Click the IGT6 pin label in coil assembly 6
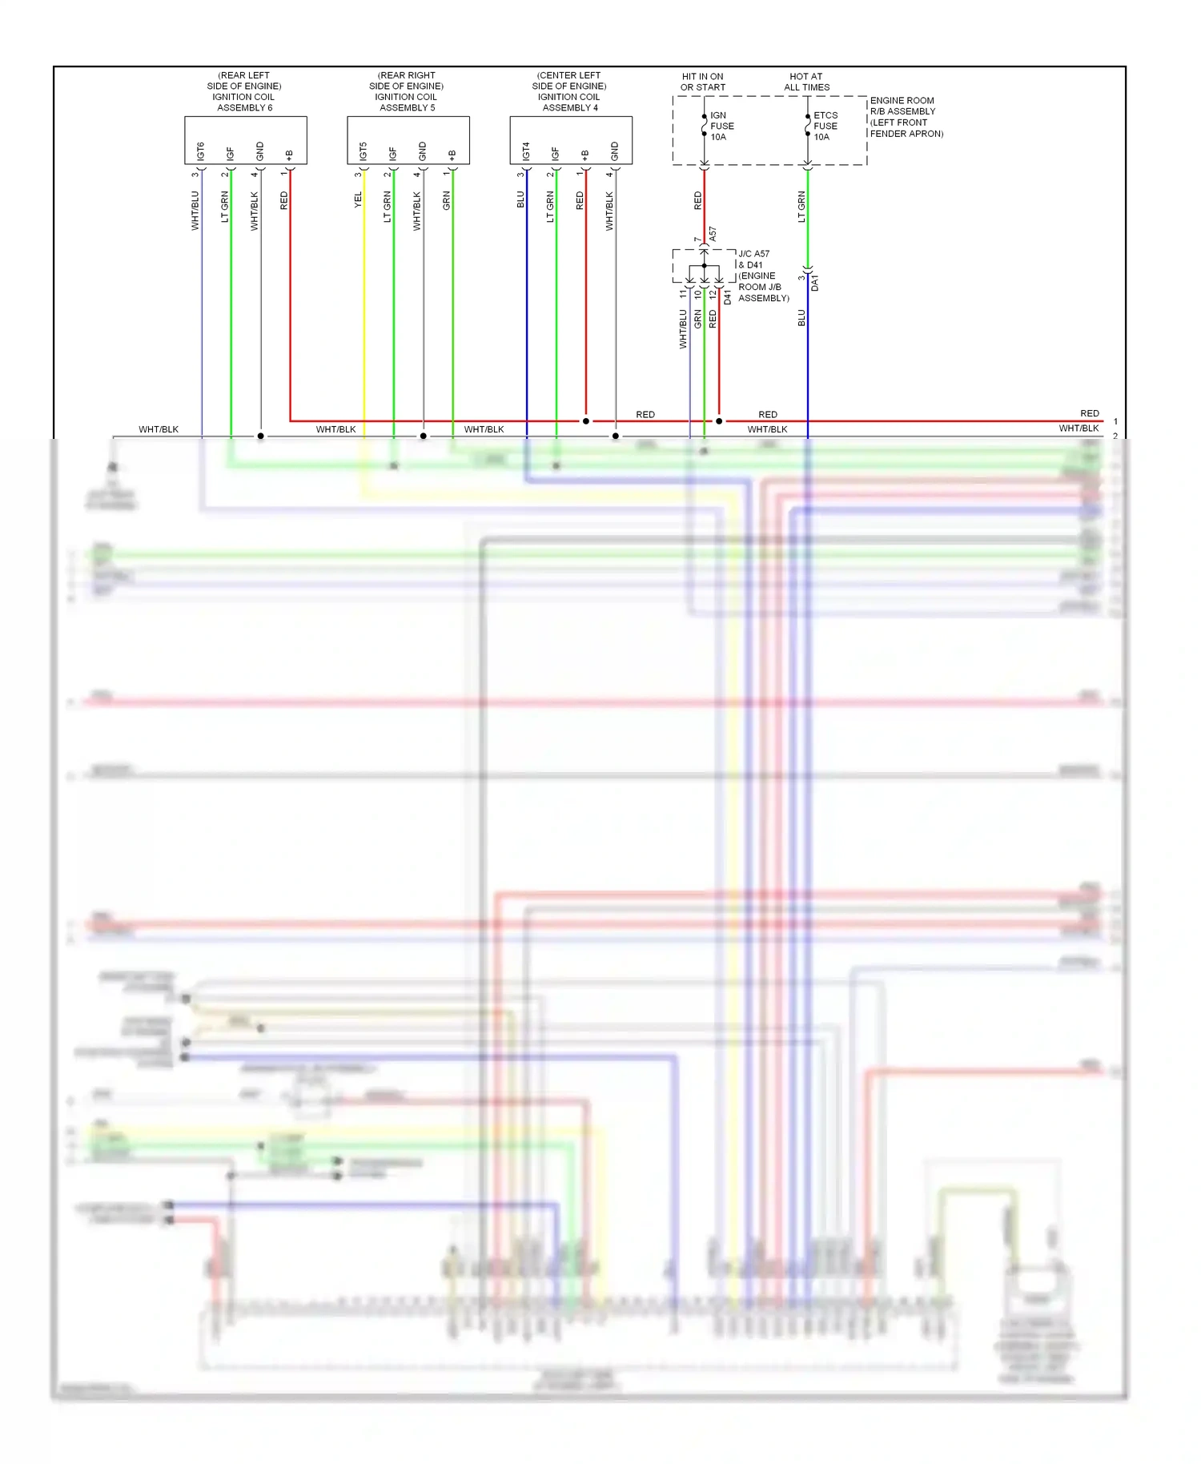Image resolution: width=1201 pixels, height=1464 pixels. coord(201,151)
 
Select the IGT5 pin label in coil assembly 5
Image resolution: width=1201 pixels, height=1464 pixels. coord(364,151)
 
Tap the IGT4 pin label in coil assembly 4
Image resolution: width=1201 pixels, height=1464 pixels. coord(526,151)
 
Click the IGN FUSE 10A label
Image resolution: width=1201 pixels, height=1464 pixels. coord(721,127)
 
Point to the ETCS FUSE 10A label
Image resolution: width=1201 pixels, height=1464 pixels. coord(825,127)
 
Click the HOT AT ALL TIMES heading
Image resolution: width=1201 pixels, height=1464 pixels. coord(806,82)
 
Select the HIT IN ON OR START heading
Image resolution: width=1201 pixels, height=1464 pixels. coord(703,82)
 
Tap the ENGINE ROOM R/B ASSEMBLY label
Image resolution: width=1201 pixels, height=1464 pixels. coord(906,117)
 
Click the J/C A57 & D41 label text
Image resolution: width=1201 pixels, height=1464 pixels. coord(763,276)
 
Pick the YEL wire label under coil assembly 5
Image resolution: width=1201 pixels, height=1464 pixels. coord(358,200)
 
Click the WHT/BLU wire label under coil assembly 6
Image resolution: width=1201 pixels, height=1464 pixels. coord(195,211)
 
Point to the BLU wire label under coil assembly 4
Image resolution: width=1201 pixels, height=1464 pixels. coord(520,199)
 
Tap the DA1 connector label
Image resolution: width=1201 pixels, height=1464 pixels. coord(815,283)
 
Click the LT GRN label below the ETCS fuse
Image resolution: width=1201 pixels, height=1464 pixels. coord(801,207)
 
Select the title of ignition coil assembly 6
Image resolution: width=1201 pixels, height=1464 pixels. coord(245,91)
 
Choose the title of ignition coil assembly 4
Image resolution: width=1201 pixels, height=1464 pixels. coord(569,91)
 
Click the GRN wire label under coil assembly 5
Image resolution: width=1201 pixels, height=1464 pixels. coord(447,201)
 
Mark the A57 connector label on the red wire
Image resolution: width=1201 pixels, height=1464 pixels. coord(713,235)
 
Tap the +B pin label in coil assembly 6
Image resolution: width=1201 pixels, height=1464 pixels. coord(289,155)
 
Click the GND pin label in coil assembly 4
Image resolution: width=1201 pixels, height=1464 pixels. coord(615,151)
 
